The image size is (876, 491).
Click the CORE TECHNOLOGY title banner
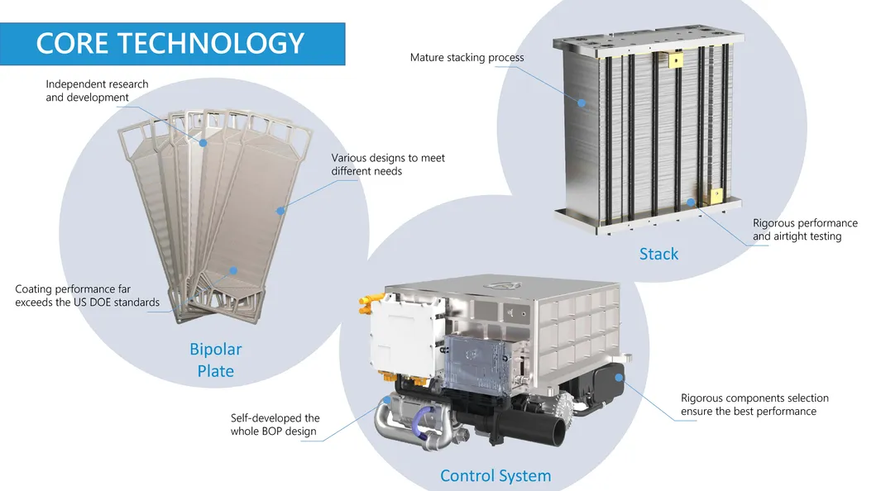pos(171,44)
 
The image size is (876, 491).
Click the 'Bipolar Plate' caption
pos(215,360)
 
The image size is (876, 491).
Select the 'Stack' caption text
pos(658,254)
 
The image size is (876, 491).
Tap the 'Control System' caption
pos(495,475)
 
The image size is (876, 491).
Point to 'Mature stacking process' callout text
pos(467,58)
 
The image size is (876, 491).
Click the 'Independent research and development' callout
pos(97,91)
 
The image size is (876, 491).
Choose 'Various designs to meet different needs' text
pos(388,164)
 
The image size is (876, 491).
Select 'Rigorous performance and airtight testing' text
pos(804,230)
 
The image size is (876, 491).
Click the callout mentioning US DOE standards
pos(87,296)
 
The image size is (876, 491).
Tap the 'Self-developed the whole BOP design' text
pos(275,425)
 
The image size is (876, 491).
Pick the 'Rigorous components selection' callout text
pos(754,404)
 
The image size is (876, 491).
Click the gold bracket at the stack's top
pos(676,60)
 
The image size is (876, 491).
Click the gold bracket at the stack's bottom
pos(712,196)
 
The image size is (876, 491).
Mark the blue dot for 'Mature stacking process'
pos(582,103)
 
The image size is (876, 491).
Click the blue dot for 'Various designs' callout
pos(280,211)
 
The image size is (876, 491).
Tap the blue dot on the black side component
pos(620,378)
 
